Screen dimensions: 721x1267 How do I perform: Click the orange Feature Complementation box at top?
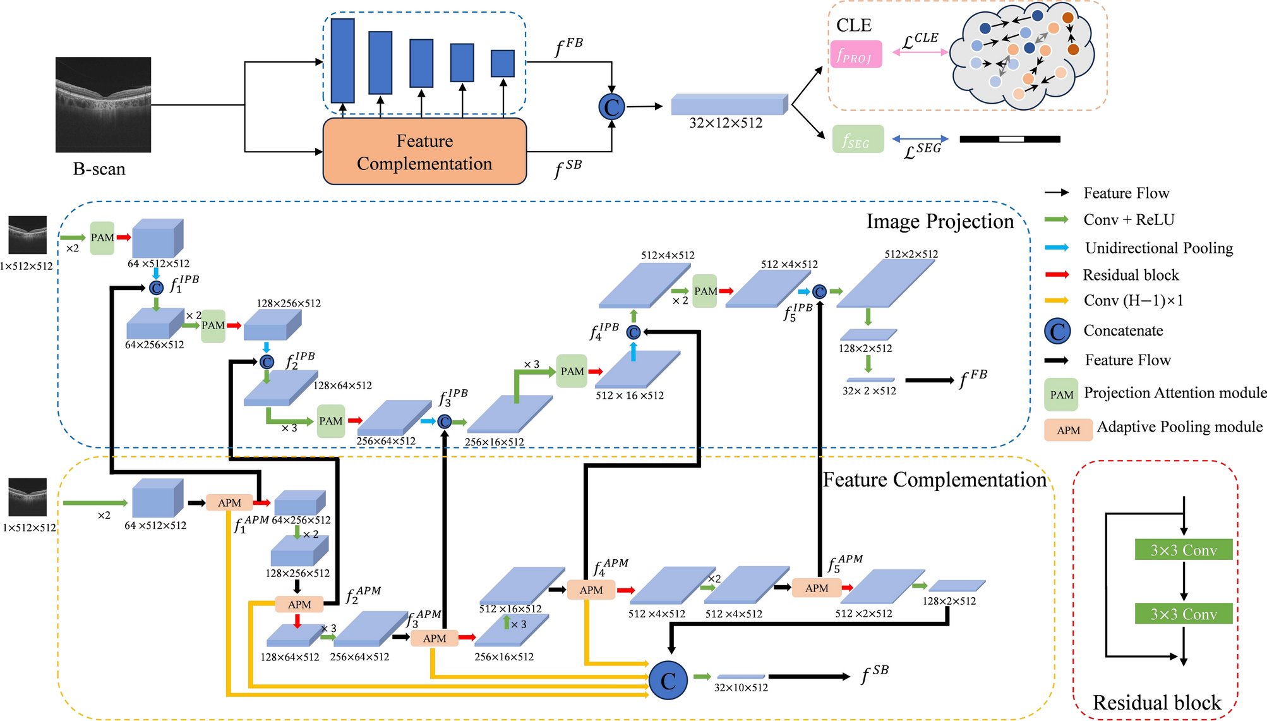[424, 152]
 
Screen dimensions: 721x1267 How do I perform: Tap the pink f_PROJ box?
[856, 54]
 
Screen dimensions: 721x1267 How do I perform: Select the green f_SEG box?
[858, 139]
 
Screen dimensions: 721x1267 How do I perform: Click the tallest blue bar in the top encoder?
[342, 61]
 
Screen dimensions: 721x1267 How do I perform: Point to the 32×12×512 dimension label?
[726, 123]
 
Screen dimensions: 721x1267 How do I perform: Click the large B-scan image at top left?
[103, 105]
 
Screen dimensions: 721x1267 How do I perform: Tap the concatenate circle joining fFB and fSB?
[611, 107]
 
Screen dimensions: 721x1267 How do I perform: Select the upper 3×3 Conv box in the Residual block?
[1183, 550]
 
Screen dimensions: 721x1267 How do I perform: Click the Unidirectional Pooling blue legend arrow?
[1057, 248]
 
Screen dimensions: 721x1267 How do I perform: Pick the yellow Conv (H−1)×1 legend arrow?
[1057, 301]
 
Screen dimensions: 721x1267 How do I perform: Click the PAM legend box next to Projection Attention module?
[1061, 395]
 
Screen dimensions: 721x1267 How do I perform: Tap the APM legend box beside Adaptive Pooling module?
[1068, 430]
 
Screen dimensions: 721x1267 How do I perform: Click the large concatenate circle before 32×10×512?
[668, 681]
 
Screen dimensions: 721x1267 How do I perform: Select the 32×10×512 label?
[741, 688]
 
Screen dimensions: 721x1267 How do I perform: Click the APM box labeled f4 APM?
[591, 590]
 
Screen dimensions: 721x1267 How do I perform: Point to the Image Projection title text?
[939, 222]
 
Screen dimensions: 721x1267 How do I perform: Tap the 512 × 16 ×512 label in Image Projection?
[629, 396]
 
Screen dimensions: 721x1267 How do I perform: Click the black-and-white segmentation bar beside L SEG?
[1009, 139]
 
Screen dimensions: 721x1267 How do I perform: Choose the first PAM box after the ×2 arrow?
[102, 238]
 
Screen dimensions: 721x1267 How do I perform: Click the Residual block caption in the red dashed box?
[1156, 703]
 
